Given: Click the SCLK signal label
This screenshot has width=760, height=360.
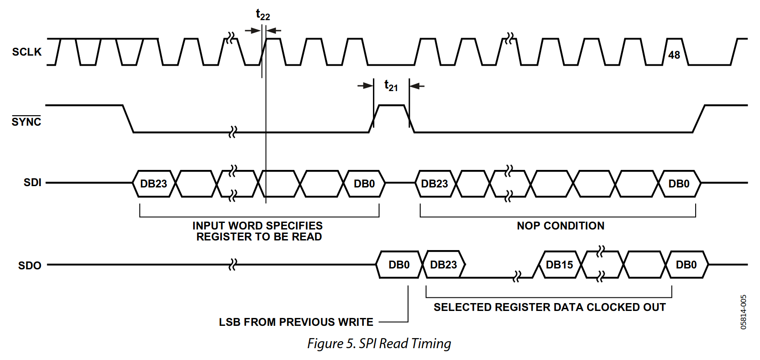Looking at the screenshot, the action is tap(27, 52).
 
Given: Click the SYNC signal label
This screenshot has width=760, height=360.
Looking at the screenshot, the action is tap(26, 121).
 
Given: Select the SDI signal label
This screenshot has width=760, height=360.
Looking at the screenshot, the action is tap(32, 183).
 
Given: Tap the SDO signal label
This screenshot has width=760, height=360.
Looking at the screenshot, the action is tap(30, 265).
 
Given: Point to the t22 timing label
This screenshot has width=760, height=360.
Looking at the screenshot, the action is tap(263, 15).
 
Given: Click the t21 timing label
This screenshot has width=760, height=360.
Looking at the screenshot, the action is tap(391, 85).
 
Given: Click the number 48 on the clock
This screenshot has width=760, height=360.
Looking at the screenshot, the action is tap(674, 55).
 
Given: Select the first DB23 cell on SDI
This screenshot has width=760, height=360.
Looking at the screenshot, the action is tap(154, 184).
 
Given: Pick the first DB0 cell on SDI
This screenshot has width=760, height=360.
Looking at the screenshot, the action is tap(364, 184).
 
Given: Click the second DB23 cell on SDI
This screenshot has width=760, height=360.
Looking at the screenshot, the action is tap(435, 184).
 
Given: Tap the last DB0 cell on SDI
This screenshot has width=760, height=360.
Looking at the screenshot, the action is tap(679, 184).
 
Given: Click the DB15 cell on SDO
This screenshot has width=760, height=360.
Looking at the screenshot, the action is tap(559, 265).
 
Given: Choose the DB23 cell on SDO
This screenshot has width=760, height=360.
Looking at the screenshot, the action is tap(443, 265).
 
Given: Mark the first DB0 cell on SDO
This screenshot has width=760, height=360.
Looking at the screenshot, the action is tap(399, 265).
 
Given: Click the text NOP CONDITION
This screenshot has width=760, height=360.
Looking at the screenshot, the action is tap(561, 226).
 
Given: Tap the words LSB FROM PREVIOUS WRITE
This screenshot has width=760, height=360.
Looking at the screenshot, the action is tap(296, 322).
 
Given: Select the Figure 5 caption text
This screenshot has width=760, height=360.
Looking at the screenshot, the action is tap(379, 343).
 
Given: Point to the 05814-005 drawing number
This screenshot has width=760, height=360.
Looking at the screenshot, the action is tap(743, 312).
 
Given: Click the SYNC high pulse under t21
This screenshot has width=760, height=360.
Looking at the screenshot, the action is tap(391, 105).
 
